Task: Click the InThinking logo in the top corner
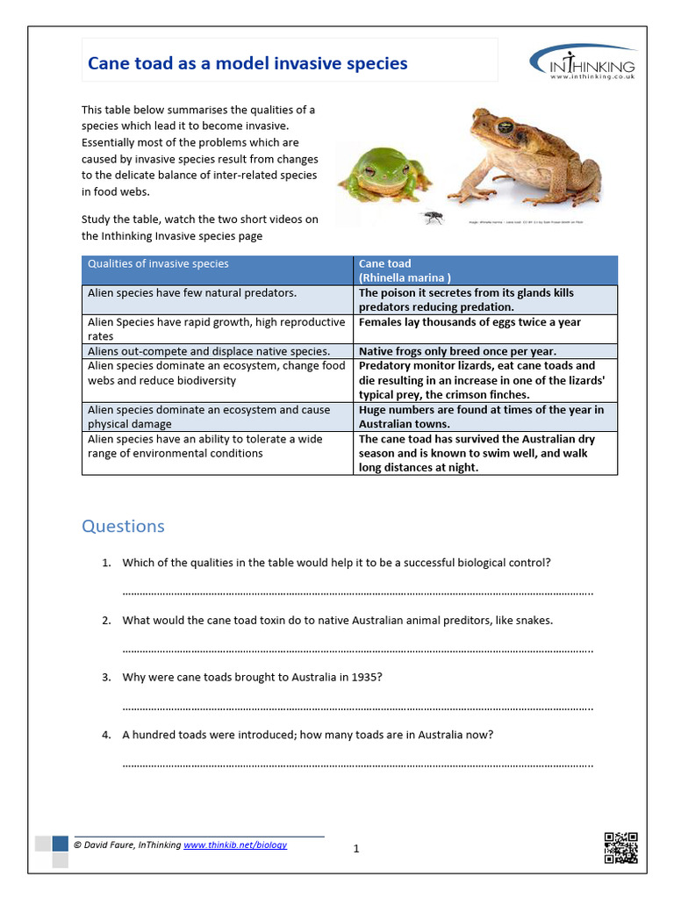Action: click(x=583, y=62)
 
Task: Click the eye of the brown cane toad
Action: click(x=507, y=126)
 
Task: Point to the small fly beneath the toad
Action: click(x=433, y=216)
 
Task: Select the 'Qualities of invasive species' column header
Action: click(x=158, y=263)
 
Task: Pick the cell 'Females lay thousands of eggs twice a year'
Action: click(x=470, y=322)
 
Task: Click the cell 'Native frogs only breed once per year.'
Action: click(x=457, y=351)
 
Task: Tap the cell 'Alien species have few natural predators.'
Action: click(x=192, y=293)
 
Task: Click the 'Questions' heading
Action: click(x=123, y=526)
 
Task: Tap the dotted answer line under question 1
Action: click(x=358, y=593)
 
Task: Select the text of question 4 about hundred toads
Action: click(x=307, y=735)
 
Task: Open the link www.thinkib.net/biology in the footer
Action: click(x=234, y=845)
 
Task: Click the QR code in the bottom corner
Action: click(x=620, y=847)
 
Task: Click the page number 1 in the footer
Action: click(x=356, y=848)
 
